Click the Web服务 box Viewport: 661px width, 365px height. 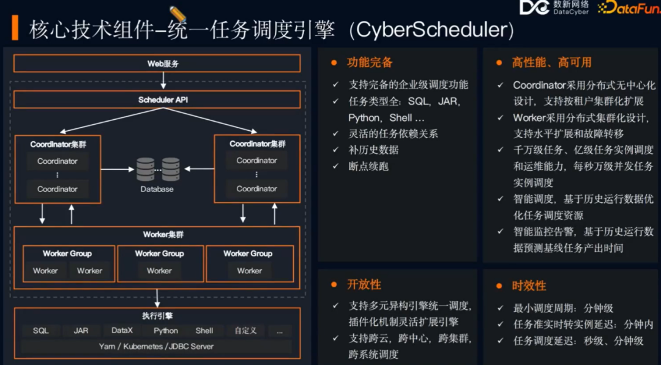(157, 64)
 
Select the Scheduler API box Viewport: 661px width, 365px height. (157, 100)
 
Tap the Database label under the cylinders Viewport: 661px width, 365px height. (157, 190)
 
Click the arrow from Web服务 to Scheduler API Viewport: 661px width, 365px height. (163, 81)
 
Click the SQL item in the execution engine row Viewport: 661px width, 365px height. (41, 331)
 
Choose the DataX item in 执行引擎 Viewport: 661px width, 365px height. (122, 331)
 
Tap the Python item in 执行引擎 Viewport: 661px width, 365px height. (165, 331)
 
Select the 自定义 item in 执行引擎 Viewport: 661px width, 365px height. (245, 331)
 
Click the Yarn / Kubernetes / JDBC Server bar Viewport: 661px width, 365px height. (157, 347)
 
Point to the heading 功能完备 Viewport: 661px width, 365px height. (370, 62)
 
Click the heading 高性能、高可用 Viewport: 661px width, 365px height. (551, 62)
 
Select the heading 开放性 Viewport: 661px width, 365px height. (364, 284)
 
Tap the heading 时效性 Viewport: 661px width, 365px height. (529, 286)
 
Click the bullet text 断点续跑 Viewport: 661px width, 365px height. (368, 166)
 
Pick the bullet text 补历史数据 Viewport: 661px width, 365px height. (373, 150)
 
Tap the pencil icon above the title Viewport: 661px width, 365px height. (178, 14)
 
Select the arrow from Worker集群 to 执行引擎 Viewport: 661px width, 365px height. (158, 298)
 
